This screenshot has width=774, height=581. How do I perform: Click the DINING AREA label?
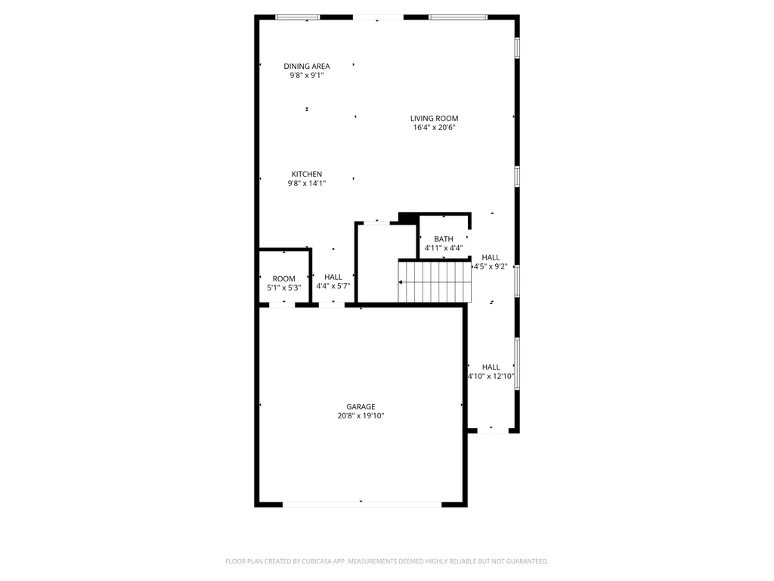point(307,66)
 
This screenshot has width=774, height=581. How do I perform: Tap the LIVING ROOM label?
point(434,118)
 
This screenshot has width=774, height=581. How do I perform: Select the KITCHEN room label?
point(307,174)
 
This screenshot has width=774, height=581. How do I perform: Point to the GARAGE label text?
point(361,406)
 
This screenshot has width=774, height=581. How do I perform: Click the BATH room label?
point(444,239)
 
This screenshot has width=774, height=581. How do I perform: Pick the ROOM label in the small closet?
point(284,278)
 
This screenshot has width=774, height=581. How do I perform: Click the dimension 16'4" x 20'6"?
point(434,128)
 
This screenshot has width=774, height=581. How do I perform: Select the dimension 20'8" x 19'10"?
point(361,416)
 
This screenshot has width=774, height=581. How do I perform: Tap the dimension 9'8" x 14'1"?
point(307,183)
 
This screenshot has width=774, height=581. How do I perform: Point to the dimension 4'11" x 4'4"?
point(444,248)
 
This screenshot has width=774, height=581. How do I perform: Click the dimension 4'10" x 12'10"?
point(491,376)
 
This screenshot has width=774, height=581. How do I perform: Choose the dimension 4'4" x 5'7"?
point(333,286)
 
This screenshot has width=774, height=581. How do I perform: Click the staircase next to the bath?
point(435,281)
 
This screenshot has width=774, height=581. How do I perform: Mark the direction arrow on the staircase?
point(401,282)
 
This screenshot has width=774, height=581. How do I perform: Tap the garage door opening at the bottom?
point(361,503)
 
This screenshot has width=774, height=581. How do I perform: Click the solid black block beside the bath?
point(408,219)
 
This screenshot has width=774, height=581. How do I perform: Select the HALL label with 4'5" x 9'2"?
point(491,257)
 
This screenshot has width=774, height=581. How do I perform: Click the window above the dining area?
point(298,17)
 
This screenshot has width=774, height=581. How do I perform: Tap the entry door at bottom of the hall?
point(491,430)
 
